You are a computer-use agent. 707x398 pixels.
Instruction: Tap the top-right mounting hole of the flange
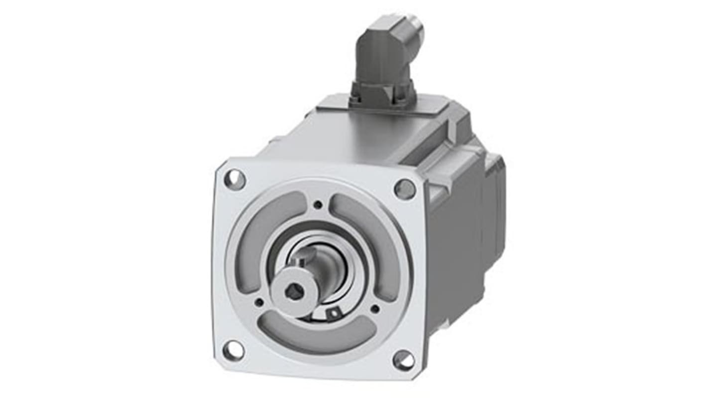[405, 189]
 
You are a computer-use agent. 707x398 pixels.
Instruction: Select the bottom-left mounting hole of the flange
[234, 351]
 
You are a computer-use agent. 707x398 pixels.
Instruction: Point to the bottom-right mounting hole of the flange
[403, 360]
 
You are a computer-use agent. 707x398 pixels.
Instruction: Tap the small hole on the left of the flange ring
[259, 302]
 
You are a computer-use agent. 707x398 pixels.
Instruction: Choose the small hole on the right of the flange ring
[375, 309]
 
